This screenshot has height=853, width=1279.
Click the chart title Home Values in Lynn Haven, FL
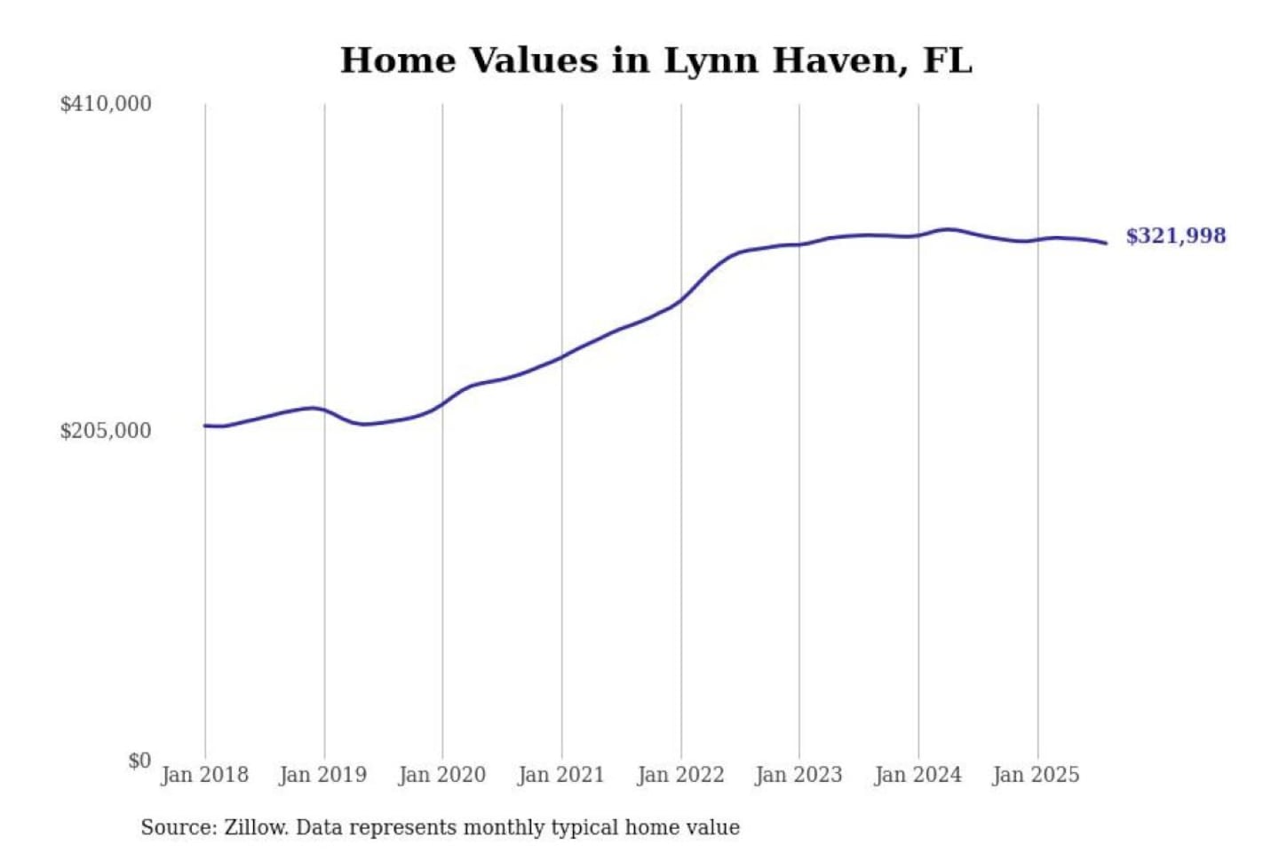click(x=655, y=60)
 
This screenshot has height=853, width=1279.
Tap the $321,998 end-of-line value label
click(x=1175, y=235)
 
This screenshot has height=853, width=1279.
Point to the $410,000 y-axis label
click(x=106, y=104)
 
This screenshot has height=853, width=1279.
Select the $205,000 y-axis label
click(x=106, y=431)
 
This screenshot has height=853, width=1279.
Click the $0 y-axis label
click(x=139, y=761)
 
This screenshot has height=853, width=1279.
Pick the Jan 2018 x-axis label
click(x=204, y=775)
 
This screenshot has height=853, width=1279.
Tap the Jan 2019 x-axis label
click(x=322, y=775)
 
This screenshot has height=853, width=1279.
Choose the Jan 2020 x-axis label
click(x=441, y=775)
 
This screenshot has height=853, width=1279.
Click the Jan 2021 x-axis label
click(x=560, y=775)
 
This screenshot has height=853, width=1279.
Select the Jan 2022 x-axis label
click(x=680, y=775)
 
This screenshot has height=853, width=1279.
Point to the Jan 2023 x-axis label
click(x=798, y=775)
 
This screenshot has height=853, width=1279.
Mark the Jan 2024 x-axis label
click(x=918, y=775)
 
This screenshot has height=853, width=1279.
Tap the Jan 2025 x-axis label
click(x=1036, y=775)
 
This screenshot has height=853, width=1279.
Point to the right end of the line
click(x=1106, y=243)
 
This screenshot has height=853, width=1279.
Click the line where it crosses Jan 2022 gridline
click(x=681, y=300)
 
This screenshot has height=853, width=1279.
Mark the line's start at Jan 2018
click(x=205, y=426)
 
